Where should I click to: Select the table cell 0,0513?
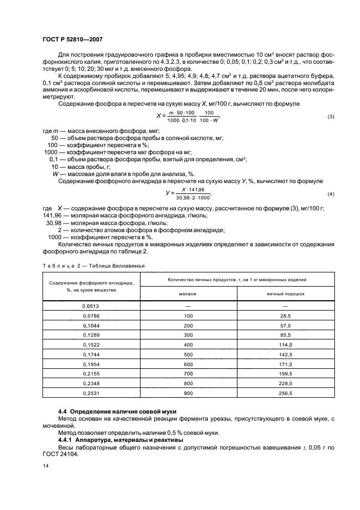[x=91, y=306]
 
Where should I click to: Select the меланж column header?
[x=188, y=293]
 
